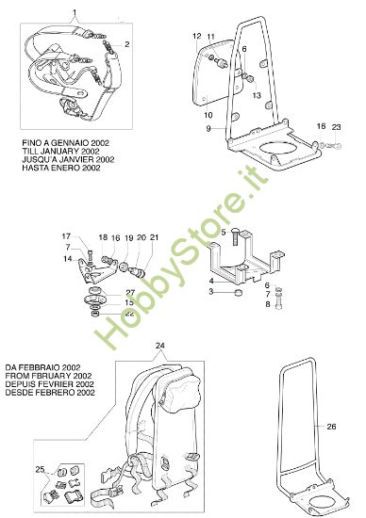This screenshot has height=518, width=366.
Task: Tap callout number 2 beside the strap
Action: point(127,44)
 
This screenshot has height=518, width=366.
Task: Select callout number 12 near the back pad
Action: point(196,36)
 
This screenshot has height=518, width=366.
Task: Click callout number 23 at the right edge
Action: point(336,126)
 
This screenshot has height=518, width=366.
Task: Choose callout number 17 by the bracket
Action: point(66,235)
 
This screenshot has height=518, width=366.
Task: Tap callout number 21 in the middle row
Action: point(155,237)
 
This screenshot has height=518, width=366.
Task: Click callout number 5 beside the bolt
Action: point(224,232)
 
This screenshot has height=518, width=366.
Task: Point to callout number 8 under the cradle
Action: point(267,304)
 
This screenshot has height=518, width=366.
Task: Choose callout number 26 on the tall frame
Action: point(331,427)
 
